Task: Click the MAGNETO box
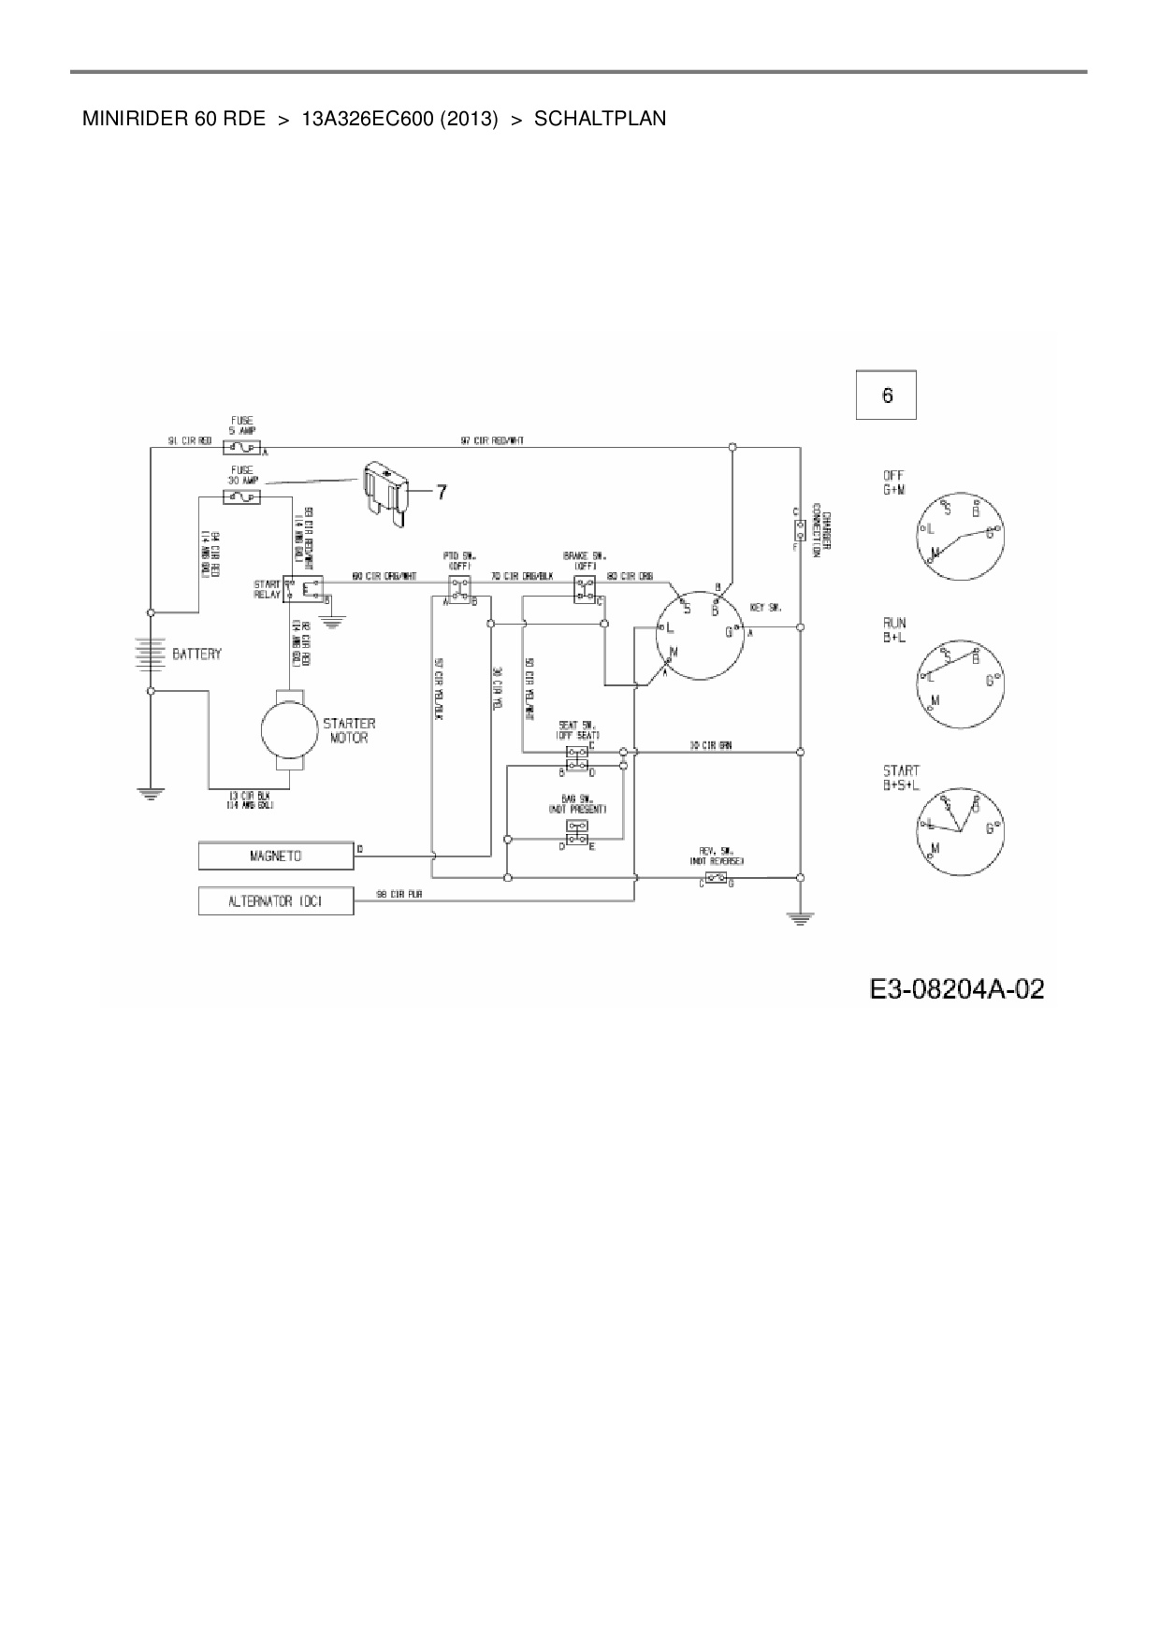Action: (x=276, y=856)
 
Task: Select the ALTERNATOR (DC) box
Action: (x=276, y=901)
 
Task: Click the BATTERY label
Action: (x=196, y=654)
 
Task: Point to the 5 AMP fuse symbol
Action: (x=241, y=449)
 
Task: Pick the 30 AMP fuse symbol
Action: (x=241, y=497)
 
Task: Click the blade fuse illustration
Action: (x=384, y=493)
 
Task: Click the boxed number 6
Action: (x=886, y=396)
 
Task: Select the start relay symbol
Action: (x=304, y=589)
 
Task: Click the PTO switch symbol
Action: (x=458, y=588)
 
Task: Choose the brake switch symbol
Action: (x=586, y=588)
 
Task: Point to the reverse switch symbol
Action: (x=717, y=878)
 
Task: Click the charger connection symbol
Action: (x=800, y=530)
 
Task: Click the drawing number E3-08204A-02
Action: (x=956, y=988)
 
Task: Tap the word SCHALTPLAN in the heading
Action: (x=600, y=119)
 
